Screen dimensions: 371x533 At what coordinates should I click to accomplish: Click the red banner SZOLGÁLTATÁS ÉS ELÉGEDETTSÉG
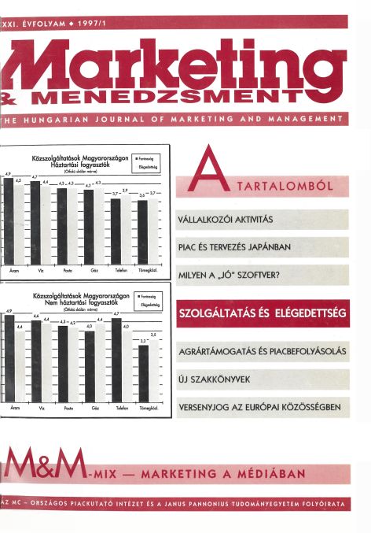click(263, 314)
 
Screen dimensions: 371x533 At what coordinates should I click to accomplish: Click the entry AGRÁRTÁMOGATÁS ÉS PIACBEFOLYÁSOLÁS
click(262, 351)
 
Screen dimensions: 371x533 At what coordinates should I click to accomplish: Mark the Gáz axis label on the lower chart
click(95, 409)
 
